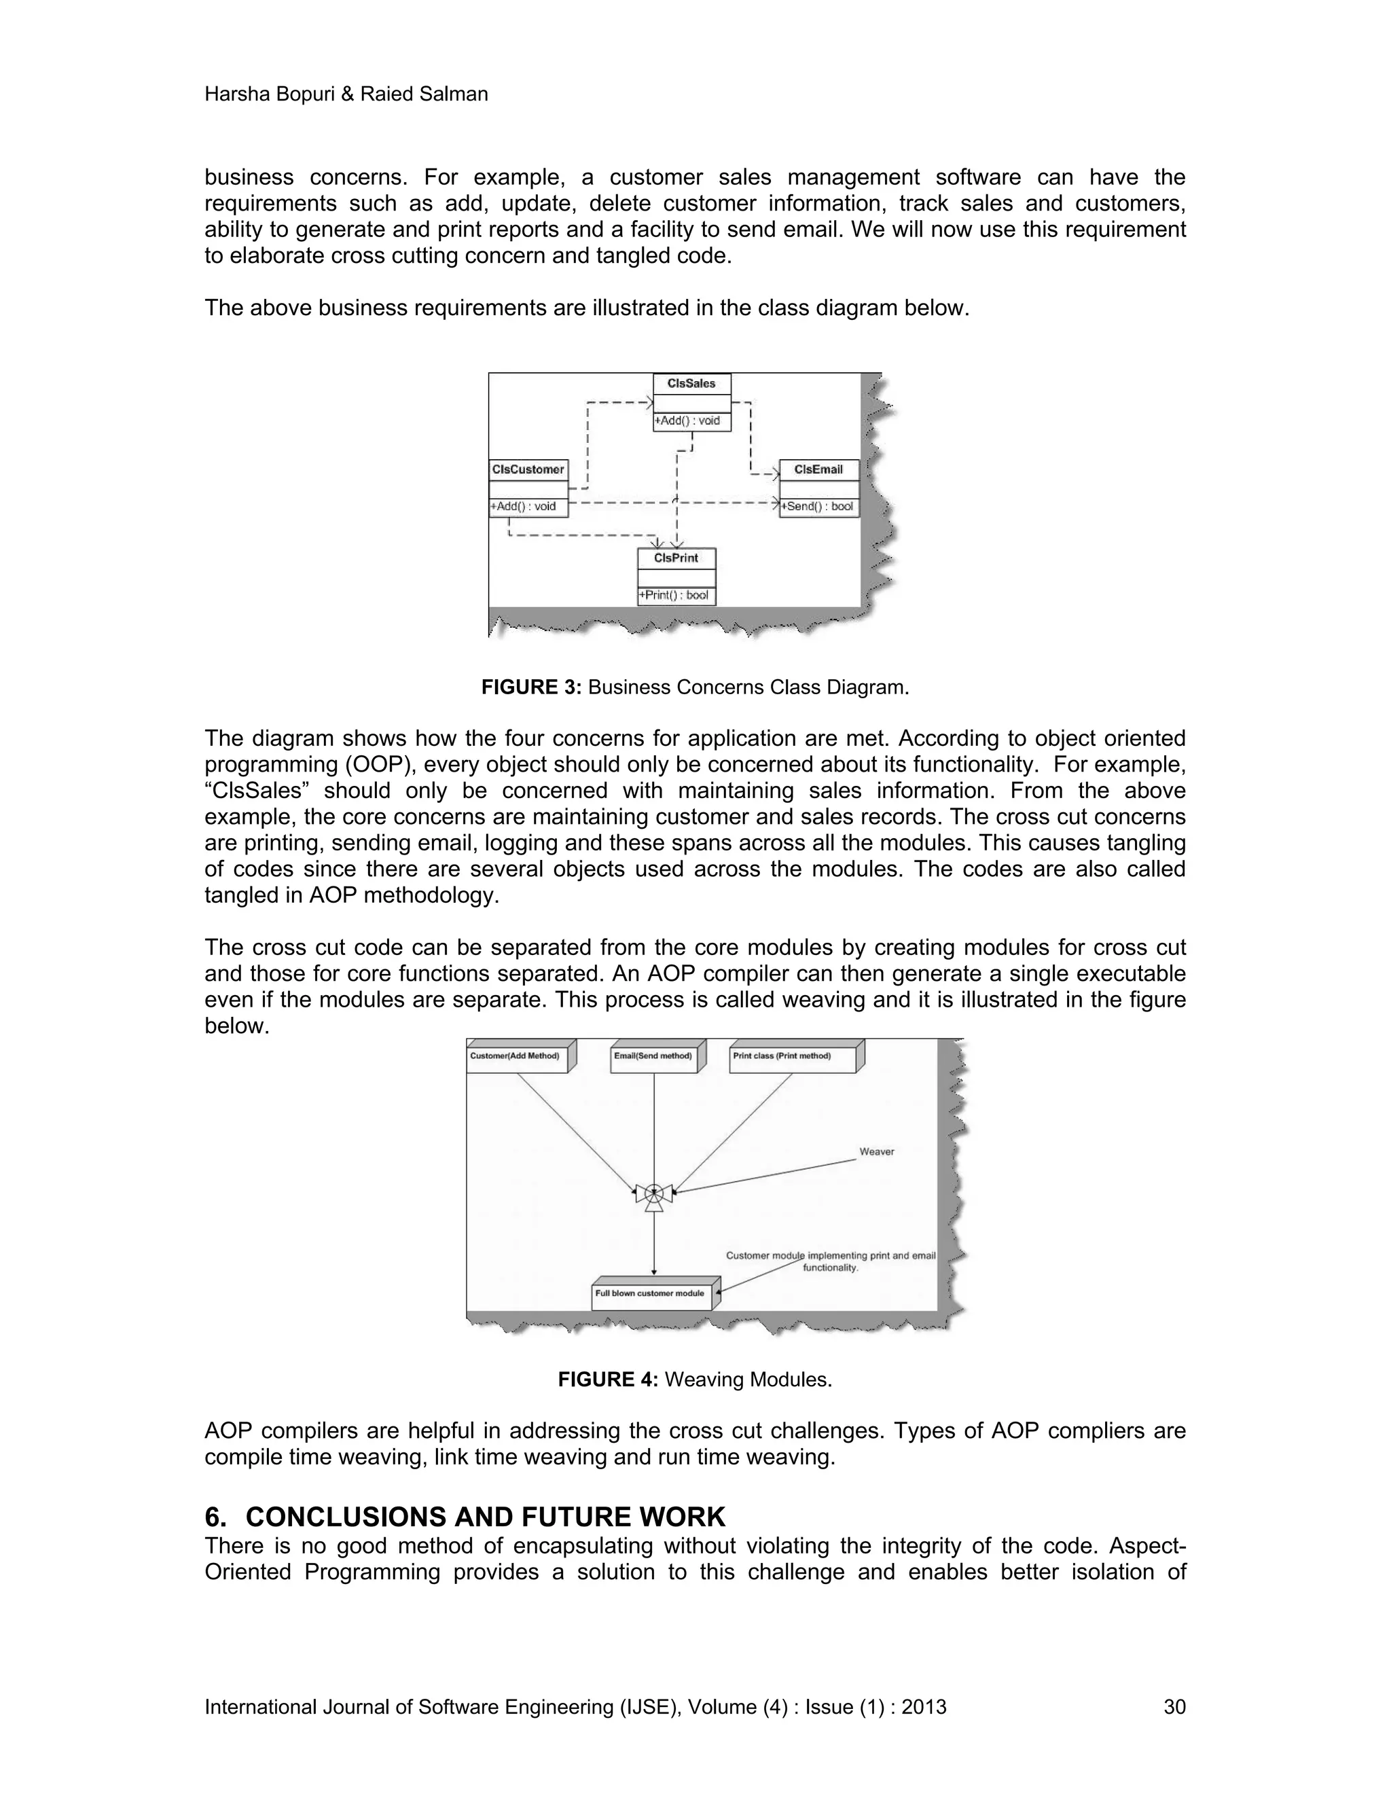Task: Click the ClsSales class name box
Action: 691,383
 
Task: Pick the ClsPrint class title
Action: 676,558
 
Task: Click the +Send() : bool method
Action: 819,506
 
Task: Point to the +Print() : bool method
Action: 676,595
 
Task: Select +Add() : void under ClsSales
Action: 688,421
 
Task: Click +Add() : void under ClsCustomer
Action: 524,506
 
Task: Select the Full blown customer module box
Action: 651,1293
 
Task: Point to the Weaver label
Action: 876,1152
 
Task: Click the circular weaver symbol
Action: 653,1192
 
